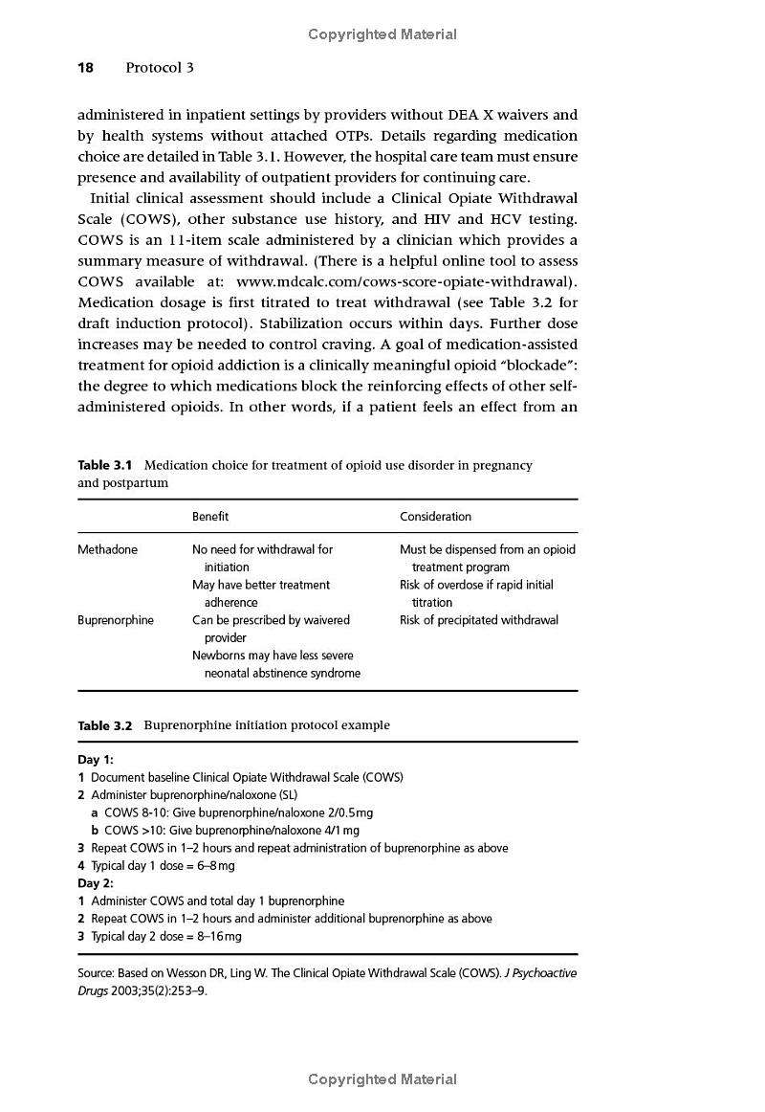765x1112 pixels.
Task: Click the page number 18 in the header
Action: (x=85, y=68)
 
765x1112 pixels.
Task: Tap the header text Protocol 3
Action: (x=159, y=68)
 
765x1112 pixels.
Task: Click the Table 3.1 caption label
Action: (x=104, y=465)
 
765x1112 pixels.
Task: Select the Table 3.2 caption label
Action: (x=105, y=725)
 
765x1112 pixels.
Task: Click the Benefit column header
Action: (x=210, y=517)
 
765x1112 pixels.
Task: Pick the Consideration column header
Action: (x=435, y=517)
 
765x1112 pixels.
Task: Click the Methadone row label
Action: (x=107, y=550)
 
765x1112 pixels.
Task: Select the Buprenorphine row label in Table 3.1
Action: (x=115, y=620)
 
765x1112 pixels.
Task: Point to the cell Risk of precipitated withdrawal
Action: (x=479, y=620)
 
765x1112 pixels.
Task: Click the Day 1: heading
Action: (x=96, y=760)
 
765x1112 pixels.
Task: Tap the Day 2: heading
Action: (x=96, y=883)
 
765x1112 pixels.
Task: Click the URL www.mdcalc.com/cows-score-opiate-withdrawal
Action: (x=404, y=282)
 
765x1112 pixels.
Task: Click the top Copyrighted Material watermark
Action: (x=382, y=34)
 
